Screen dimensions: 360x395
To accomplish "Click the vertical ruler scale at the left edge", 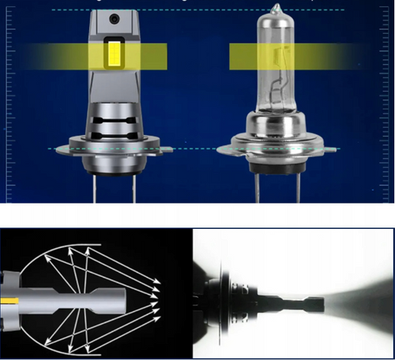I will pos(9,103).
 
